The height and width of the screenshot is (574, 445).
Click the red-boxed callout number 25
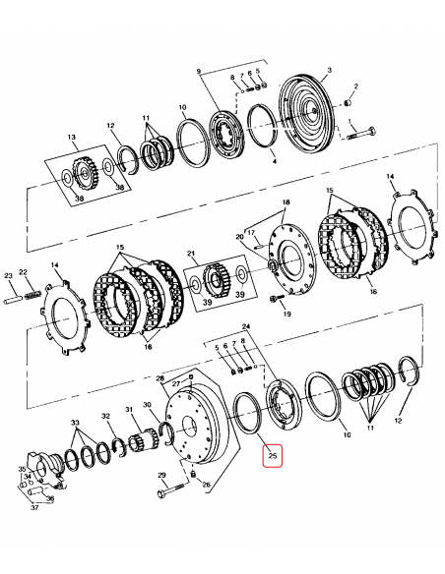tap(273, 456)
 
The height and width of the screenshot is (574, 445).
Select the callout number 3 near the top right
tap(329, 70)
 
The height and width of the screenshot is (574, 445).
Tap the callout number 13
tap(71, 138)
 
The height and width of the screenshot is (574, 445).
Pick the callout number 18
tap(286, 202)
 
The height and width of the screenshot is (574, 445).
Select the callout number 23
tap(8, 275)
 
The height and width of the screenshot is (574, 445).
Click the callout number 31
tap(127, 410)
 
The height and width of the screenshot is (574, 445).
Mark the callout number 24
tap(246, 325)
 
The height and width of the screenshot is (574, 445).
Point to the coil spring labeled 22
tap(32, 292)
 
